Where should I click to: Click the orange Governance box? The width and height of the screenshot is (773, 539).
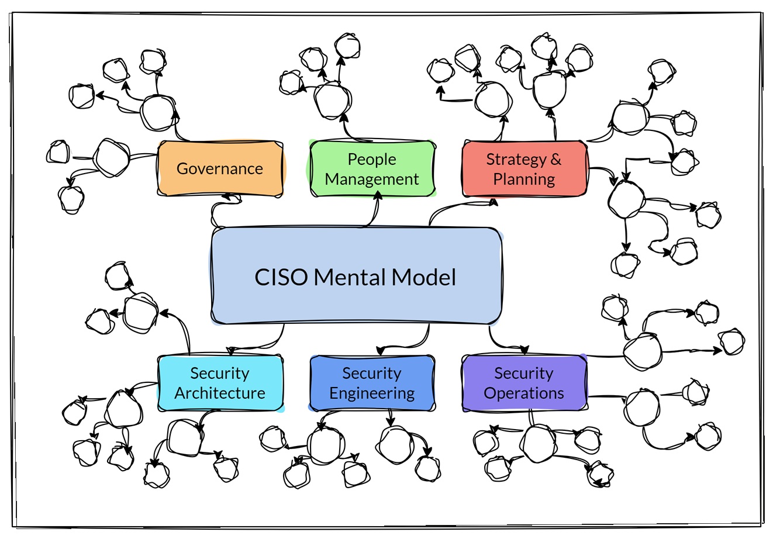click(220, 168)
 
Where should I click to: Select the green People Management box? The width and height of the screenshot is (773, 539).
click(372, 169)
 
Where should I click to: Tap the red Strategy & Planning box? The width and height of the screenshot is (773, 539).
click(524, 168)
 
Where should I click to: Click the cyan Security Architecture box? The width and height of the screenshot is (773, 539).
click(220, 383)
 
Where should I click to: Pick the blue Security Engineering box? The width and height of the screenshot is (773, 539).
click(372, 383)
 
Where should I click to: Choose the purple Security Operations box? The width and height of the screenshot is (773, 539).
click(524, 383)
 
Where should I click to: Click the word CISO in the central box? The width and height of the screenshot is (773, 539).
click(281, 277)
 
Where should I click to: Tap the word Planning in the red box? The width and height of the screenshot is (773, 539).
click(524, 179)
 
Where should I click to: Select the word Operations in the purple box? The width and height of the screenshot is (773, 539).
click(524, 393)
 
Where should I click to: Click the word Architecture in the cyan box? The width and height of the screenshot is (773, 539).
click(220, 393)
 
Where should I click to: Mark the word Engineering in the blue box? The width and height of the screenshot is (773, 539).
click(372, 393)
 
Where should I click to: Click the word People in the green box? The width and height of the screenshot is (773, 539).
click(372, 159)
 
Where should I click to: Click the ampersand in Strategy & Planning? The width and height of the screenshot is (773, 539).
click(555, 159)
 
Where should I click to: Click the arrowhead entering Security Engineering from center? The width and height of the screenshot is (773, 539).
click(380, 351)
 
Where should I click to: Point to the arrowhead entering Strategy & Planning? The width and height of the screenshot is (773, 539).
click(494, 202)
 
